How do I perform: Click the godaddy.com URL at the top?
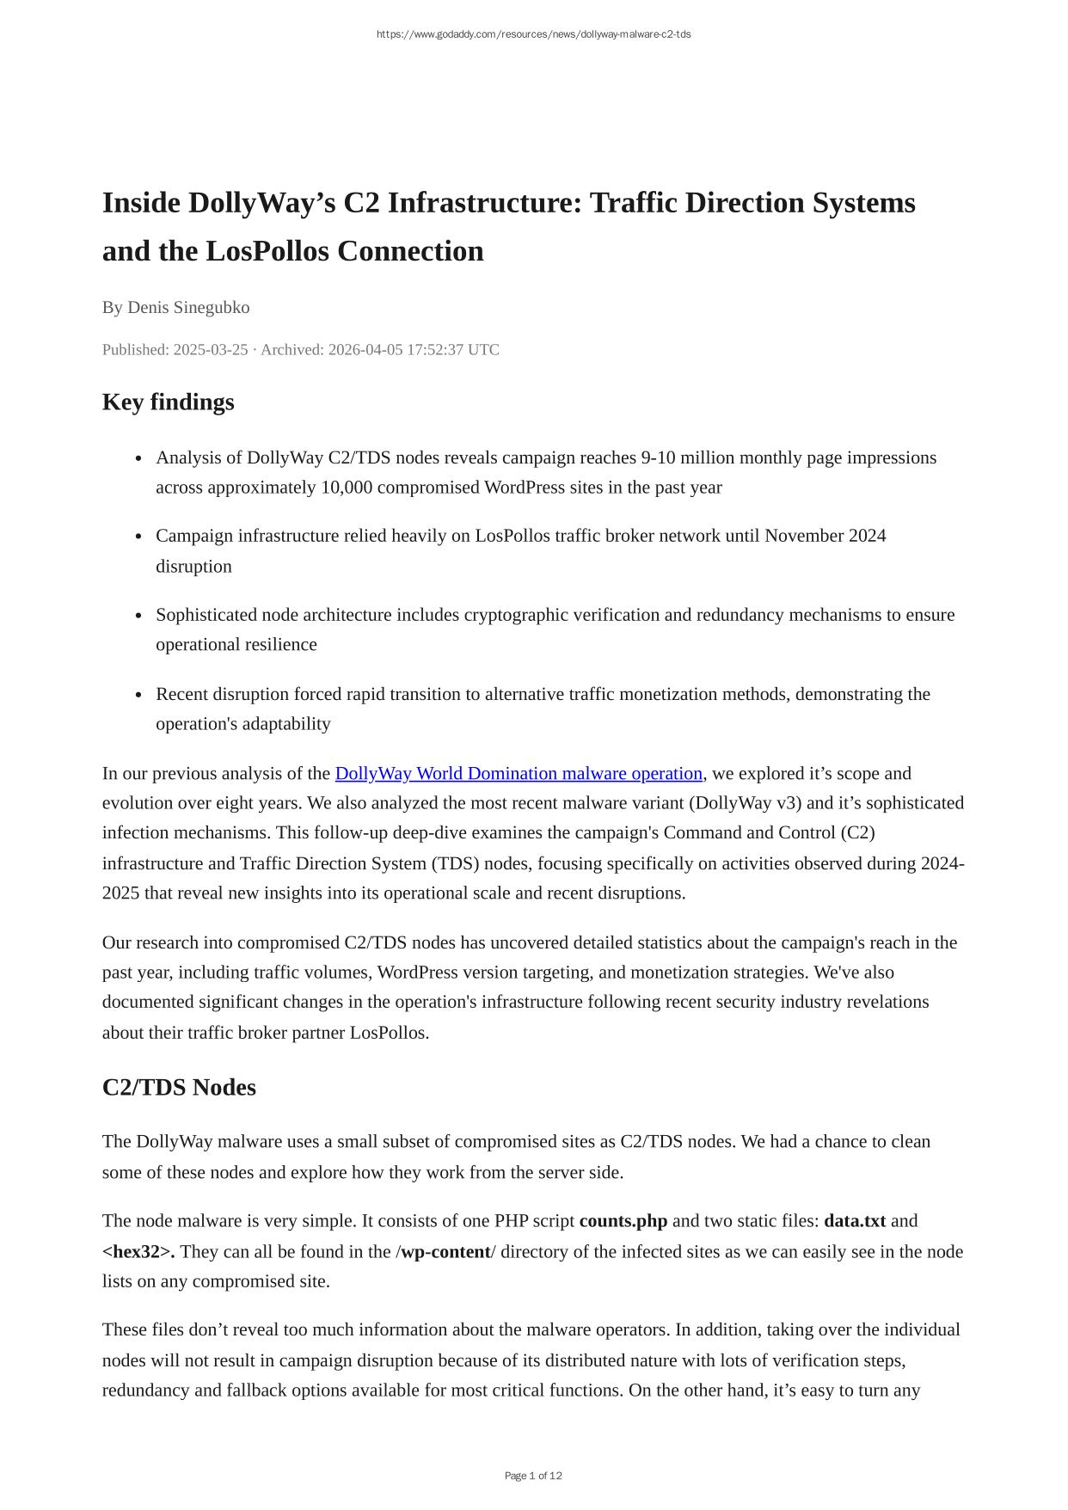click(x=533, y=34)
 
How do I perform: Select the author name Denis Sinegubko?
click(x=188, y=307)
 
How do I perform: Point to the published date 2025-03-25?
click(x=211, y=349)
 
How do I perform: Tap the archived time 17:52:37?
click(x=436, y=349)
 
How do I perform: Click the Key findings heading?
click(x=168, y=402)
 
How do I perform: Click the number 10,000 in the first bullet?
click(x=347, y=488)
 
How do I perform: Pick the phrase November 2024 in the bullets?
click(x=825, y=536)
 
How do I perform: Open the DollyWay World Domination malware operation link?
click(x=519, y=773)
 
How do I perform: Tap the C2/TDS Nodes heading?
click(x=179, y=1087)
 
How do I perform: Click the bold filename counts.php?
click(x=623, y=1221)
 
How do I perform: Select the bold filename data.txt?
click(x=854, y=1221)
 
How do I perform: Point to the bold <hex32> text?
click(x=138, y=1251)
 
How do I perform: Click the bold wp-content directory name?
click(x=445, y=1251)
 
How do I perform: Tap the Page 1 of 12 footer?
click(x=533, y=1476)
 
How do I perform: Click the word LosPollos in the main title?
click(x=267, y=251)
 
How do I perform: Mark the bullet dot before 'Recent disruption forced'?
click(x=138, y=695)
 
